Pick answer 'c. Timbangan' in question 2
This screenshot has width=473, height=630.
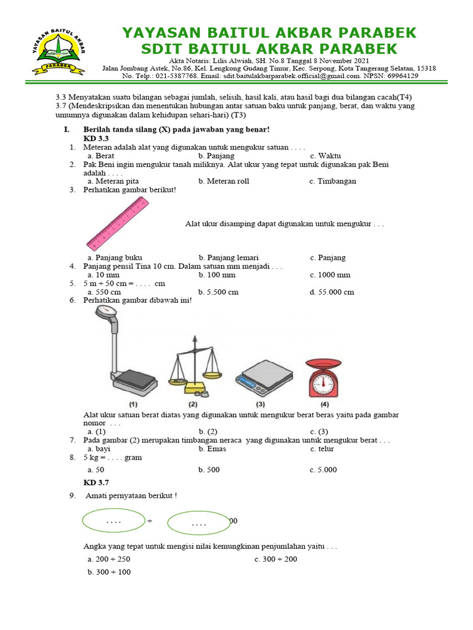click(x=333, y=181)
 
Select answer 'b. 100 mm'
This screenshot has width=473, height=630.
click(x=217, y=275)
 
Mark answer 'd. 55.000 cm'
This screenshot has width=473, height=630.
click(x=332, y=292)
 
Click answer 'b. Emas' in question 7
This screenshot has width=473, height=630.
click(x=211, y=449)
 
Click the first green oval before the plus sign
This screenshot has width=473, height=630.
click(x=113, y=521)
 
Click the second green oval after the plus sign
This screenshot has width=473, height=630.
click(x=198, y=524)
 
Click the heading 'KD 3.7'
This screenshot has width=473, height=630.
click(x=96, y=483)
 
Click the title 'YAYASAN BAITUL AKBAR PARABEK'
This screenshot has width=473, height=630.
click(x=269, y=33)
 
